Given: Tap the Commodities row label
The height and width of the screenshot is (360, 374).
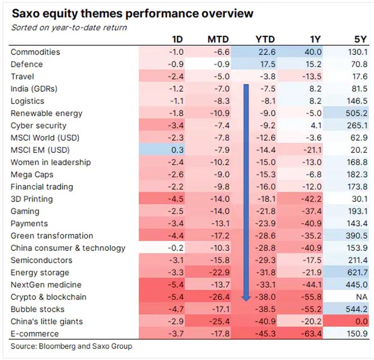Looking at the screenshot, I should click(35, 52).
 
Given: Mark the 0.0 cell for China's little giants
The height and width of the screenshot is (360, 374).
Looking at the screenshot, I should click(359, 322).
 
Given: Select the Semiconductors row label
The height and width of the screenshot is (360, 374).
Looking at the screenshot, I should click(41, 260).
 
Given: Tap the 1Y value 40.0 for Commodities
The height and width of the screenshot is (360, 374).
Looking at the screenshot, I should click(312, 52).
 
